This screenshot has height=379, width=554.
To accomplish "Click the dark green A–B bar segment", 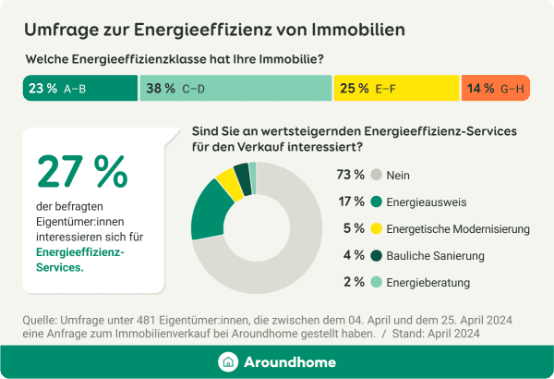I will click(x=79, y=89).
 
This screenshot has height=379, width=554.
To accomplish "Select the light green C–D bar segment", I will click(x=235, y=89).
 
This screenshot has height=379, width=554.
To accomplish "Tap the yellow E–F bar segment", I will click(x=395, y=89).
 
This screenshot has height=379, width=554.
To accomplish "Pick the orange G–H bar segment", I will click(x=495, y=89).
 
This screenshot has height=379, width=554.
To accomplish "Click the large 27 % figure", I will click(x=82, y=172).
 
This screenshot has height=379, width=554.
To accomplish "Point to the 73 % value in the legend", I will click(x=351, y=174).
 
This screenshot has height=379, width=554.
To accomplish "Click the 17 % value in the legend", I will click(x=351, y=202).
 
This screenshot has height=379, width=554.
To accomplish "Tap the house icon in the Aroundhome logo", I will click(x=227, y=362).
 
